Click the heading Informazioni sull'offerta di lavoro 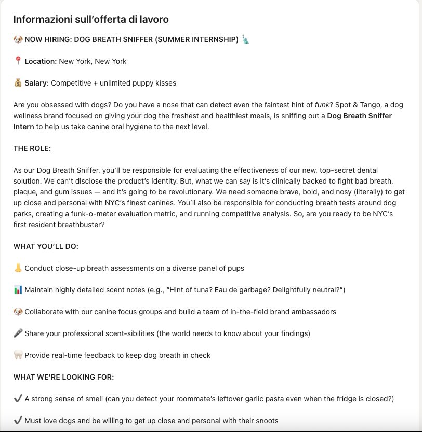(x=91, y=20)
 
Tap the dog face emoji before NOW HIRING (x=18, y=39)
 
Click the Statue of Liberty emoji (x=246, y=39)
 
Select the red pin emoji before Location (x=18, y=61)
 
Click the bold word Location (x=41, y=61)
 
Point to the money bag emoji (x=18, y=83)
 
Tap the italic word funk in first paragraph (x=323, y=105)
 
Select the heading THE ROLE (x=32, y=148)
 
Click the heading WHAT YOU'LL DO (x=46, y=246)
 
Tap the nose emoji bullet (x=18, y=268)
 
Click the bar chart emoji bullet (x=18, y=290)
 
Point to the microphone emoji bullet (x=18, y=333)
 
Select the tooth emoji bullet (x=18, y=355)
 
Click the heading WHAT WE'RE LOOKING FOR (x=63, y=377)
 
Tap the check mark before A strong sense (x=18, y=399)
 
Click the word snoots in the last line (x=265, y=421)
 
